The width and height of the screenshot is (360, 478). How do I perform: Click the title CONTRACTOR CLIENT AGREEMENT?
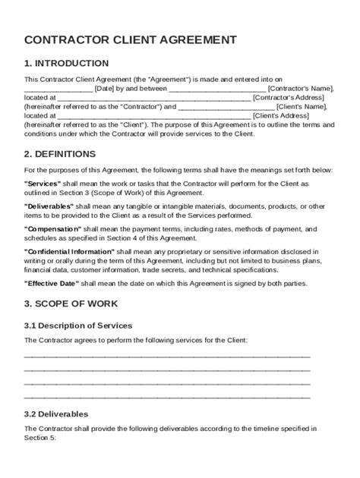(x=130, y=40)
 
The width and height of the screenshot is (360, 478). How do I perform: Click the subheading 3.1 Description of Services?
(x=78, y=325)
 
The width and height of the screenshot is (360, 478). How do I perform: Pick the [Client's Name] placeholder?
(x=302, y=107)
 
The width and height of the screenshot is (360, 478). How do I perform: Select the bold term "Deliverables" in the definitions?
(x=49, y=206)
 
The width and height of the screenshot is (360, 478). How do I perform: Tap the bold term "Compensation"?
(x=53, y=228)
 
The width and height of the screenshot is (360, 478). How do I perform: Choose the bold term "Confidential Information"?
(x=71, y=250)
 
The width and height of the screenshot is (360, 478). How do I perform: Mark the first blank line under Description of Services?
(x=167, y=356)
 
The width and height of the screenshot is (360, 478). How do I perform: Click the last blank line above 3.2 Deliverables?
(x=167, y=397)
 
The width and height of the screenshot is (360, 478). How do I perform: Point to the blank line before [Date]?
(x=58, y=90)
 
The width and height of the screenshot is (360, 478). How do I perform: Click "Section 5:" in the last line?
(x=41, y=438)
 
